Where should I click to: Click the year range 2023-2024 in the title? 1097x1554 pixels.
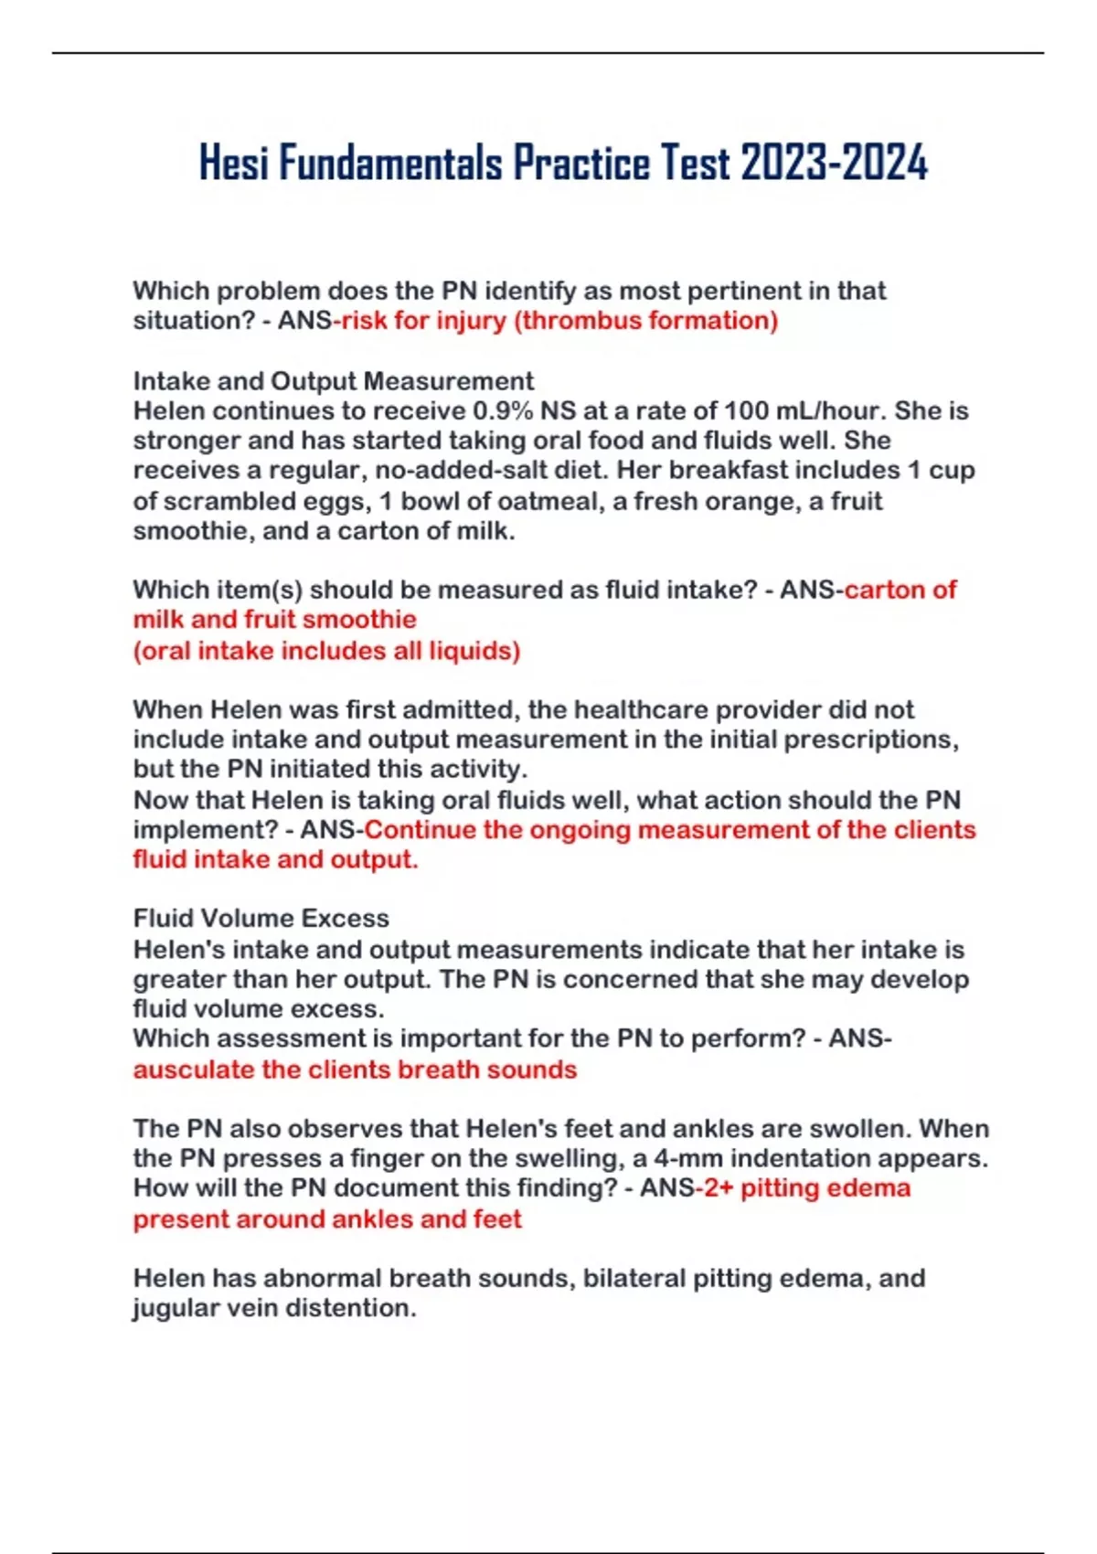[x=834, y=164]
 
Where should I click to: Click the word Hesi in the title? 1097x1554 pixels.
[x=234, y=164]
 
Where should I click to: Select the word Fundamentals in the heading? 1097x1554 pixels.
[x=390, y=164]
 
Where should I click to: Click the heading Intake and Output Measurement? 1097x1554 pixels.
[x=334, y=380]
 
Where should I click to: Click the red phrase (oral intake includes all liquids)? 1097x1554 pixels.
[x=326, y=650]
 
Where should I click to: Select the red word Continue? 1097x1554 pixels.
[x=420, y=830]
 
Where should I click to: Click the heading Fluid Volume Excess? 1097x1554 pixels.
[x=261, y=918]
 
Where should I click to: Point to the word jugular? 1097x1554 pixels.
[x=176, y=1308]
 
